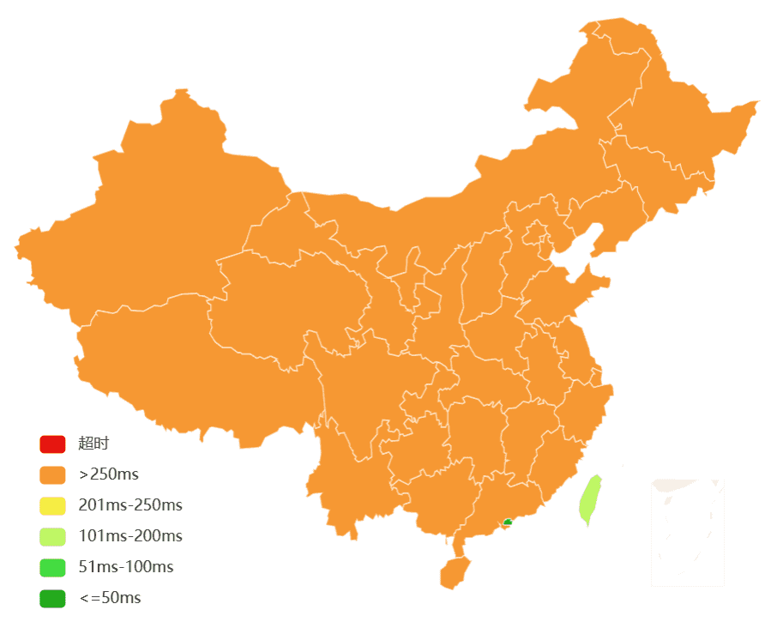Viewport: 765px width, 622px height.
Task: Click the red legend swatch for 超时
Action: (x=51, y=444)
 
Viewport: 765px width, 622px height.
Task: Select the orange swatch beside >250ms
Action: (x=51, y=474)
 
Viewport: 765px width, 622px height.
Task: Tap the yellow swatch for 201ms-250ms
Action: (x=51, y=505)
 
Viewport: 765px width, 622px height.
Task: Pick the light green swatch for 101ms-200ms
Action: (x=51, y=536)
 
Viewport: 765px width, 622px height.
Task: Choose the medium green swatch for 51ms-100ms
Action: (x=51, y=567)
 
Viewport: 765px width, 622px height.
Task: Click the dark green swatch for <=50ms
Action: (x=51, y=598)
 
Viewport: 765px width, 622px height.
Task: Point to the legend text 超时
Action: (x=93, y=444)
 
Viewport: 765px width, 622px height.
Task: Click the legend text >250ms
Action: (x=108, y=474)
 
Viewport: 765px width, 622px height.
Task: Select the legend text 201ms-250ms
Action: (x=130, y=505)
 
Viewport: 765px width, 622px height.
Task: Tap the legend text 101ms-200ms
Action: (x=130, y=536)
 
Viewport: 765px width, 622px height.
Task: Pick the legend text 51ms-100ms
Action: (x=125, y=567)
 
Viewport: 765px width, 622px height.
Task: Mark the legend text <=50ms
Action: (x=110, y=598)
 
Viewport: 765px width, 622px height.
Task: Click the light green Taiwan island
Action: (x=590, y=499)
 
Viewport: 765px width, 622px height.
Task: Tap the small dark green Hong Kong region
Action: (x=508, y=522)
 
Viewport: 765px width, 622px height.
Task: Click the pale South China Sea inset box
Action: (x=688, y=532)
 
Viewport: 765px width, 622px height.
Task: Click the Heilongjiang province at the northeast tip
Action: (x=669, y=120)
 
